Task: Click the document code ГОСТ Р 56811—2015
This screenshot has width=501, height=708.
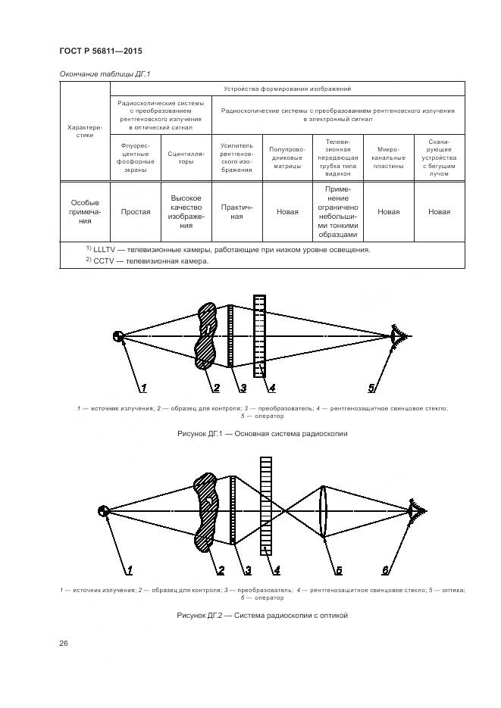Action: pos(101,51)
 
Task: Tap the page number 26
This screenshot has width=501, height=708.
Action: pos(64,643)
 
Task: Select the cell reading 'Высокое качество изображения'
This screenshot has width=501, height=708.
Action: pos(186,211)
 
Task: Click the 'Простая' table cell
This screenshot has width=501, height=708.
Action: pos(136,212)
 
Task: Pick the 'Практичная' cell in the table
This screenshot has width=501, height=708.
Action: pos(236,211)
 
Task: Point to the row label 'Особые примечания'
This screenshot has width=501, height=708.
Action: pos(85,212)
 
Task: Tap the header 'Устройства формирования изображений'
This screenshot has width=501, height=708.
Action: pos(287,89)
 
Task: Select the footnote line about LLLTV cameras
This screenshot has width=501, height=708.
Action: pos(227,249)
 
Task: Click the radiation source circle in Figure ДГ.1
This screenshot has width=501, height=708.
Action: pos(118,336)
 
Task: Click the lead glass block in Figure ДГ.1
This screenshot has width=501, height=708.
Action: pos(260,335)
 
